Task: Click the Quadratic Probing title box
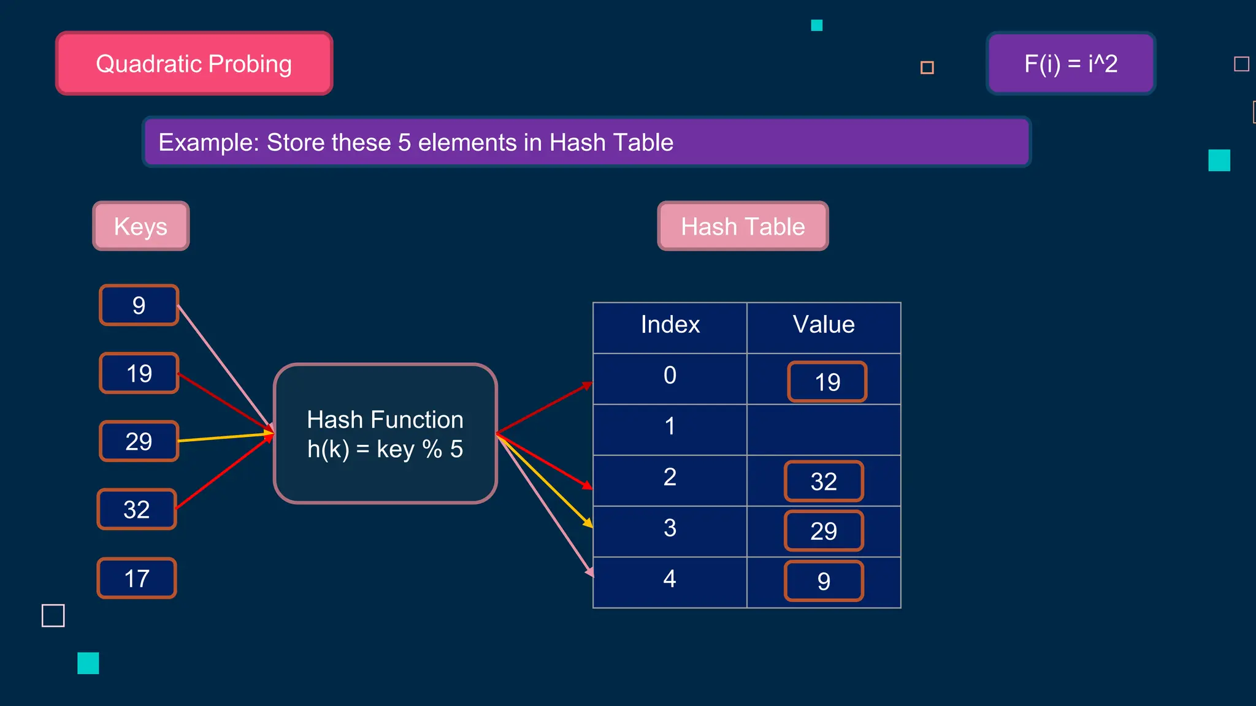point(194,64)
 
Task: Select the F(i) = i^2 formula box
point(1071,64)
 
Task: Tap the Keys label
point(141,226)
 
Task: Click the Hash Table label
point(743,226)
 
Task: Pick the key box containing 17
point(137,578)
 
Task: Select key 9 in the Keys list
point(139,305)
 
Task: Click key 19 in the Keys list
point(139,373)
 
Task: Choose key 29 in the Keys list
point(139,441)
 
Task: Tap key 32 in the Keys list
point(137,509)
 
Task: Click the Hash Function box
point(385,434)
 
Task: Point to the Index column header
point(670,325)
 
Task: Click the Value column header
point(824,325)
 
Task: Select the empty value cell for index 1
point(824,430)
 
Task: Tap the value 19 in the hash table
point(827,382)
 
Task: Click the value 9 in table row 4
point(824,581)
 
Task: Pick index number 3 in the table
point(670,528)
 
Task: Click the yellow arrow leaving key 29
point(224,437)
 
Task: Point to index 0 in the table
point(670,375)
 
